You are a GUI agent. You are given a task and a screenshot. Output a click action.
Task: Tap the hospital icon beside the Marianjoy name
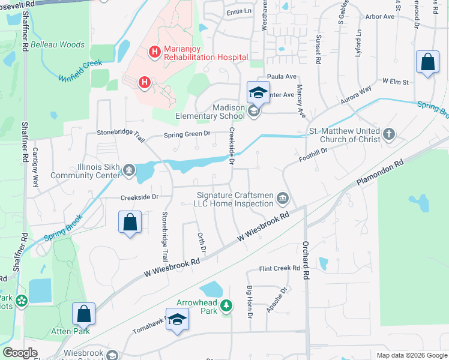[x=154, y=52]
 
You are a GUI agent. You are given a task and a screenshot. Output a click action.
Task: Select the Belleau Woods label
[x=58, y=44]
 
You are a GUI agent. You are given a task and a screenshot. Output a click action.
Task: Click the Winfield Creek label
[x=81, y=70]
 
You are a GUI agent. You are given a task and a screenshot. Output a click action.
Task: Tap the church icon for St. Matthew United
[x=389, y=134]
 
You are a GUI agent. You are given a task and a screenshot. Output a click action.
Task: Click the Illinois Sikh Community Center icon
[x=128, y=171]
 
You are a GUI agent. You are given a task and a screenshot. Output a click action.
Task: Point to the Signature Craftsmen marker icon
[x=283, y=199]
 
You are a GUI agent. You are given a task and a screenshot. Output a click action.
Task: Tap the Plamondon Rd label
[x=380, y=170]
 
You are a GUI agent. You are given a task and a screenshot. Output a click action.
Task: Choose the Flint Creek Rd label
[x=280, y=269]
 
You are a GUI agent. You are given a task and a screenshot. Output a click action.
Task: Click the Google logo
[x=20, y=353]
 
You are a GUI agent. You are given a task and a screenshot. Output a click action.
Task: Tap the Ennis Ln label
[x=238, y=11]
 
